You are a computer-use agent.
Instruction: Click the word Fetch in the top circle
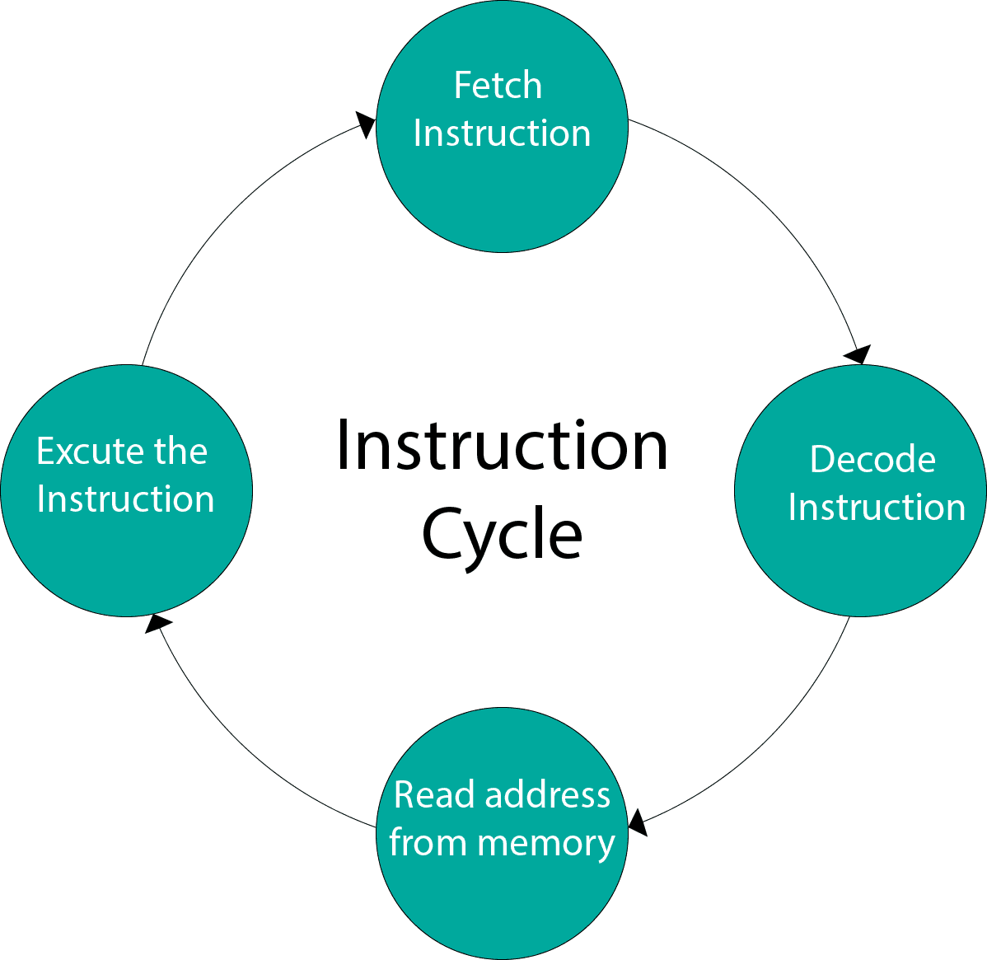tap(498, 85)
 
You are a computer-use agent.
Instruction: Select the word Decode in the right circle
tap(872, 459)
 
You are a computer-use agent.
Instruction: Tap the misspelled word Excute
tap(91, 451)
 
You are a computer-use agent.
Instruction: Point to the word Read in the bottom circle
tap(433, 794)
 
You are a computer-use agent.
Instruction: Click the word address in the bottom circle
tap(548, 794)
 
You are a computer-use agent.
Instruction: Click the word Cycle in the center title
tap(502, 535)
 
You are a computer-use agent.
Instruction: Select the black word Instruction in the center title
tap(502, 445)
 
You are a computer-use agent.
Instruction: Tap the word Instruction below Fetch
tap(502, 133)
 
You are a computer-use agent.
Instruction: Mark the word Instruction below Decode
tap(877, 508)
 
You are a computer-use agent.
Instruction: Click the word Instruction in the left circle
tap(126, 499)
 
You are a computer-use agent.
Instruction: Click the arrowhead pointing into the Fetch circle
tap(366, 124)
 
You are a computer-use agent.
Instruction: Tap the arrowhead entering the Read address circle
tap(638, 822)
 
